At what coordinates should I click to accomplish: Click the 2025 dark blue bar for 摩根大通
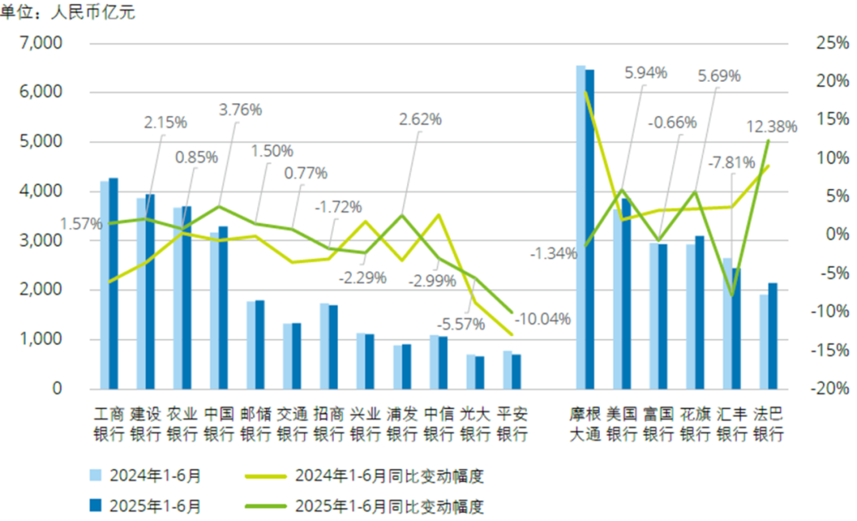[590, 230]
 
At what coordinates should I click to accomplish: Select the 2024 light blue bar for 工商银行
[104, 286]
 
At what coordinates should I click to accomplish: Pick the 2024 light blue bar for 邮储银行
[250, 345]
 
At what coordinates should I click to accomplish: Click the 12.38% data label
[771, 125]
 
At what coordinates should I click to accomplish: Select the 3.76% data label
[240, 110]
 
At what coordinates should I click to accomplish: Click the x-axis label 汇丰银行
[732, 424]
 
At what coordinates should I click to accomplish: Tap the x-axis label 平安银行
[512, 424]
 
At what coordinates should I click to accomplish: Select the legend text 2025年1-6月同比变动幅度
[389, 505]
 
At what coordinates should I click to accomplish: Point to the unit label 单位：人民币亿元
[67, 13]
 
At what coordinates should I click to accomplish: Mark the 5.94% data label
[645, 73]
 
